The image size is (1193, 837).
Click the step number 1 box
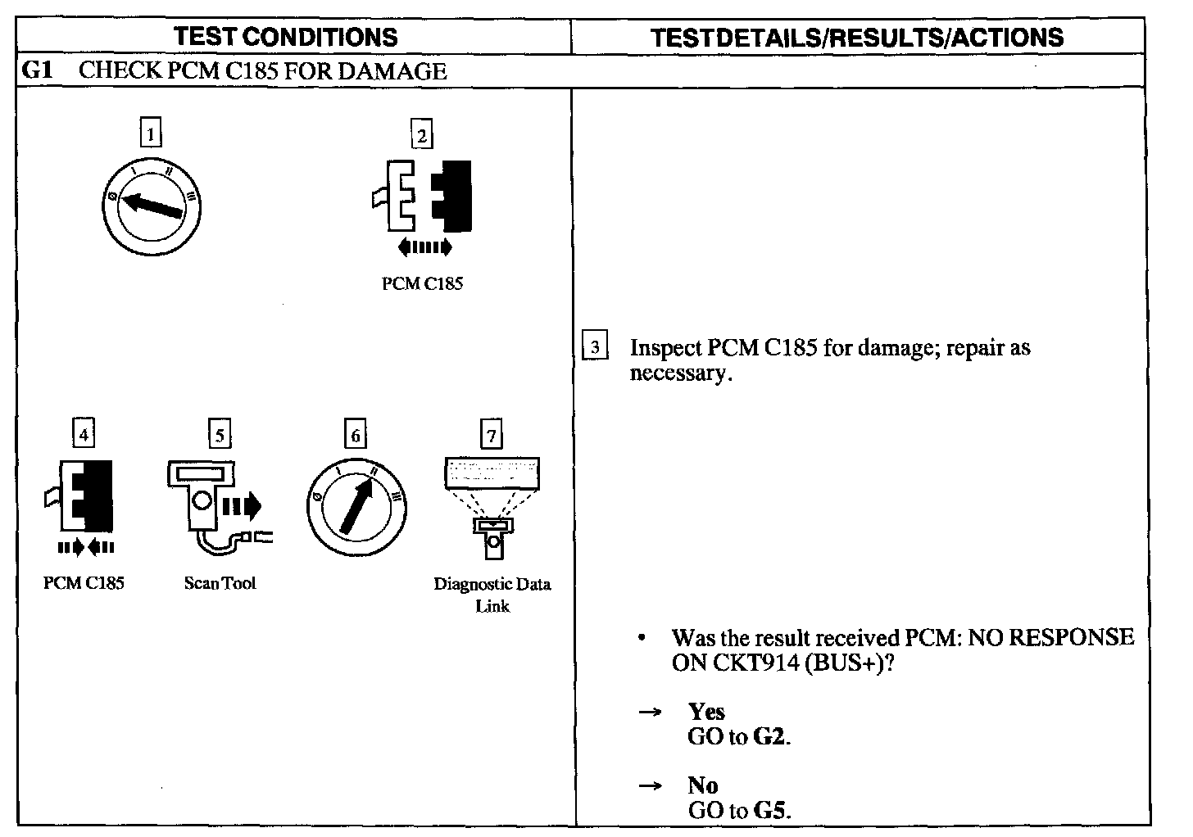[151, 133]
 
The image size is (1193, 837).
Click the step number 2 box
[422, 134]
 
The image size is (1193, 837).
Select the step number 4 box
[84, 433]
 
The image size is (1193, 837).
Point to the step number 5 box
[219, 434]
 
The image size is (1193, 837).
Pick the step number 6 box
[355, 435]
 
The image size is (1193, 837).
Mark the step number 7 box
[491, 435]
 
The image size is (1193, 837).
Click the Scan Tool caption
[220, 583]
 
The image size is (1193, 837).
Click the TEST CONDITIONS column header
[287, 37]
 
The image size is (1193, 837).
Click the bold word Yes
[706, 711]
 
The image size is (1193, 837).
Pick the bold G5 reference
[770, 811]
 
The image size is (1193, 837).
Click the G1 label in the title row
[38, 70]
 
